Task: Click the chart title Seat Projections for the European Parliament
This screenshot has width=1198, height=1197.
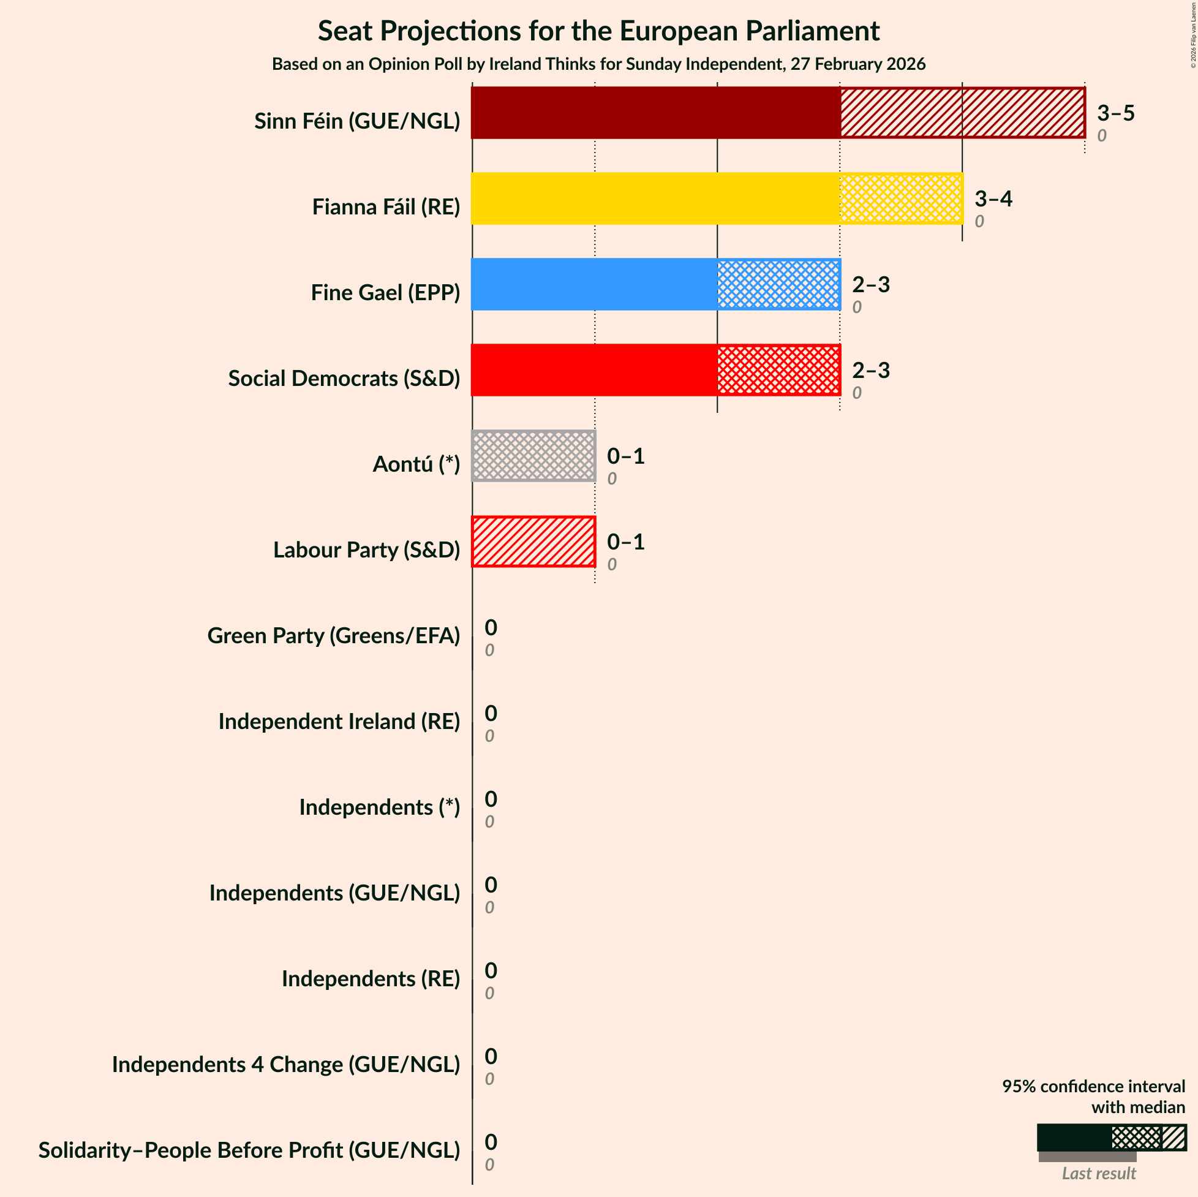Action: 598,31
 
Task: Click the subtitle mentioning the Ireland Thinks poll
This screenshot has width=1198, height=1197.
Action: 598,64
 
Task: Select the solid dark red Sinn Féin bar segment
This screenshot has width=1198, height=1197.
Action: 655,112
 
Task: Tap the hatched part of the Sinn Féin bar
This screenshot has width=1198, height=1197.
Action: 962,112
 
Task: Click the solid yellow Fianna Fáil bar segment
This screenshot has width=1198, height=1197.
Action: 655,198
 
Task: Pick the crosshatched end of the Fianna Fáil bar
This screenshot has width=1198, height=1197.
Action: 901,198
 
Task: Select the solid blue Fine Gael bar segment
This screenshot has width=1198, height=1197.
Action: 594,284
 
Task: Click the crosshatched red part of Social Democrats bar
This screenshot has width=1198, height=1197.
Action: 778,370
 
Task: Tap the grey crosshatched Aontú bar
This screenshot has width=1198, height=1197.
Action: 533,456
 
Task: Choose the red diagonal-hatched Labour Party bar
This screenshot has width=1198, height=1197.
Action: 533,542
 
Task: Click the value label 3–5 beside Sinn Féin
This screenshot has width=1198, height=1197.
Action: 1115,113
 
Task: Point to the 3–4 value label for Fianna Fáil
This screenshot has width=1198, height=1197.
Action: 993,199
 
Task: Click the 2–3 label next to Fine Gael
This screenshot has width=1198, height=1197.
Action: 870,285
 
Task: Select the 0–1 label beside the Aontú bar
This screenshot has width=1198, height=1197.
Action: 625,456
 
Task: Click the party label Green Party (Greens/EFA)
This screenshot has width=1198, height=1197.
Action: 334,636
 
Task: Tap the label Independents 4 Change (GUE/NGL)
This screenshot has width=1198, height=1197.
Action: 286,1064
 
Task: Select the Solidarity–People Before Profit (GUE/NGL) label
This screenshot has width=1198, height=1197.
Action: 249,1150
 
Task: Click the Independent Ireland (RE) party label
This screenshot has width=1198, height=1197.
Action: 339,721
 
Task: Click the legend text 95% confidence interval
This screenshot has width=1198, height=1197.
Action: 1093,1086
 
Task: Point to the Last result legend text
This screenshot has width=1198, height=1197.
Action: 1098,1173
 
